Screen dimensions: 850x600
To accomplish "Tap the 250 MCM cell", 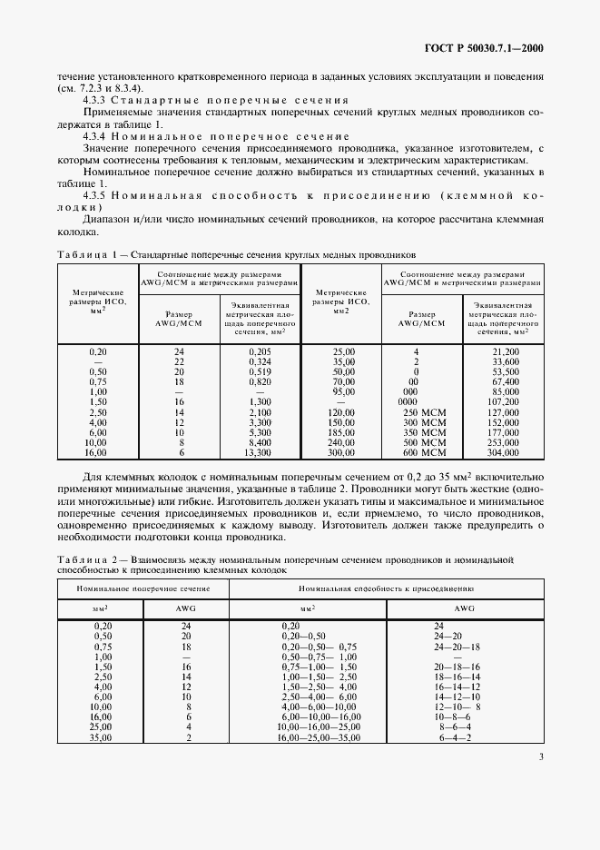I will point(417,413).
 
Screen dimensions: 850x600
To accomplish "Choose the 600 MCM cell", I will point(417,451).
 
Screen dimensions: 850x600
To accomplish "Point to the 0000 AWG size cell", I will point(417,400).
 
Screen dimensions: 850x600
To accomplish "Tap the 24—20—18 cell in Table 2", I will point(462,647).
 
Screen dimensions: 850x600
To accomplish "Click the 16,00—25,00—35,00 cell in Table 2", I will point(320,737).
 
